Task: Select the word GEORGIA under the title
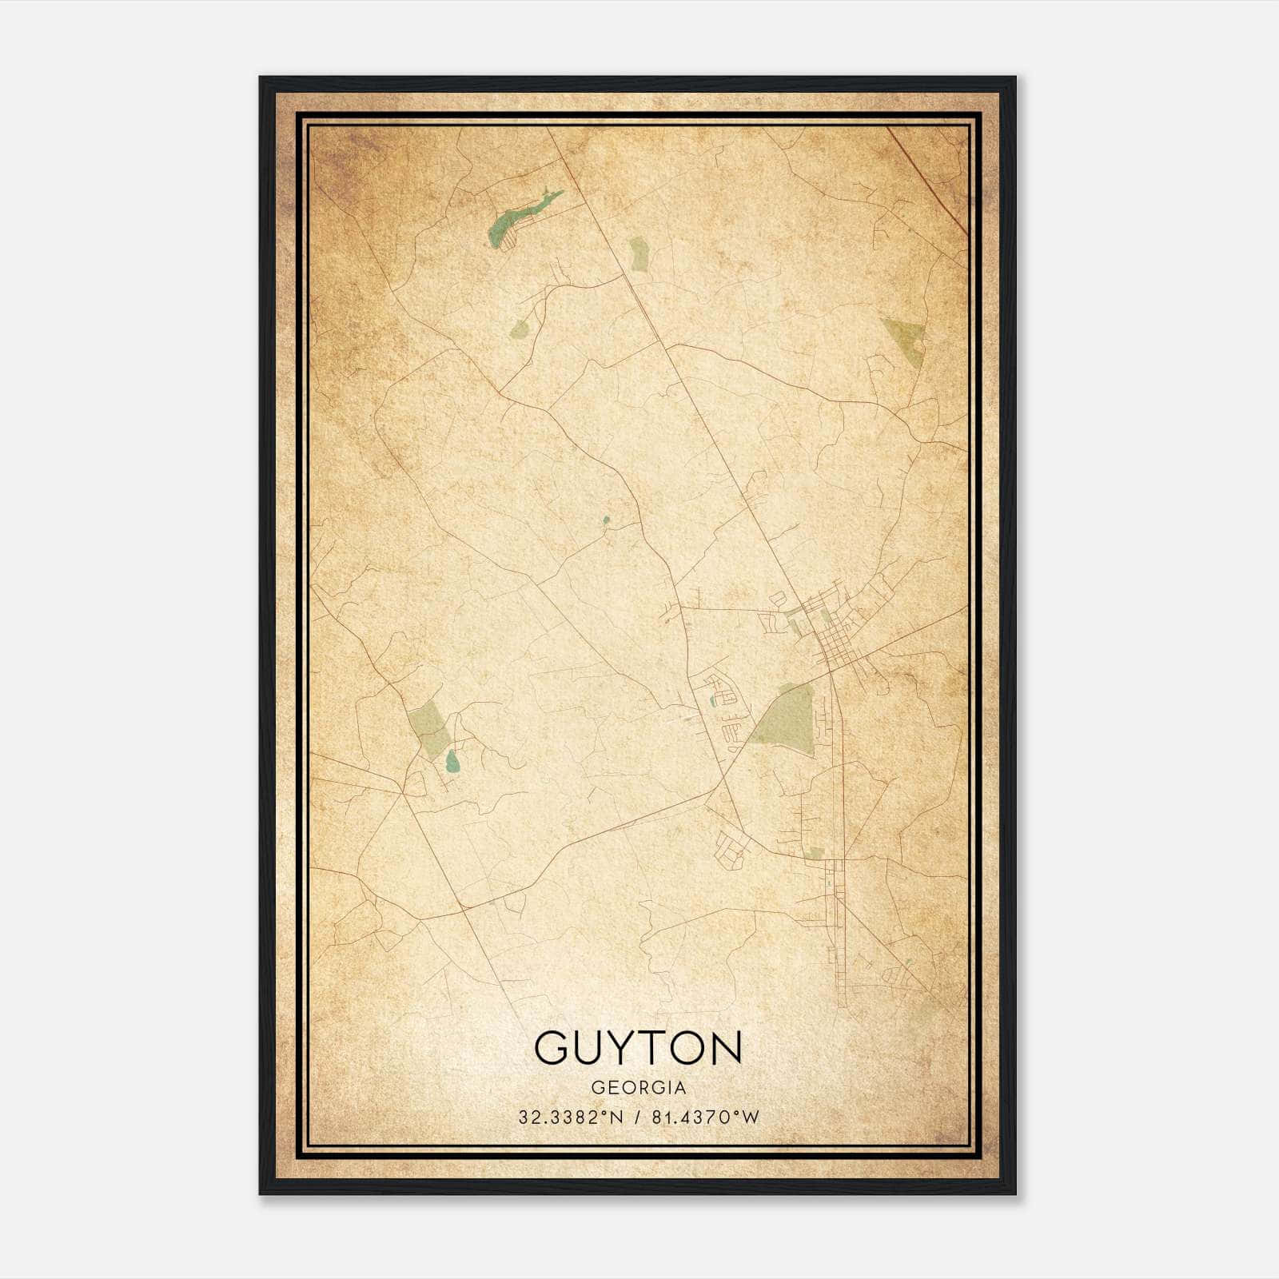(638, 1088)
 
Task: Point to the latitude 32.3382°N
(570, 1118)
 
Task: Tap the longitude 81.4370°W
(704, 1118)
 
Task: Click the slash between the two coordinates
(637, 1118)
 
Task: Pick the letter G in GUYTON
(552, 1047)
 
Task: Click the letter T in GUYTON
(655, 1047)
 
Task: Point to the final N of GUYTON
(727, 1047)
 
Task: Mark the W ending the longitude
(749, 1118)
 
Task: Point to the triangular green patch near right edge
(906, 341)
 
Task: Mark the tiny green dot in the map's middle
(606, 520)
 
